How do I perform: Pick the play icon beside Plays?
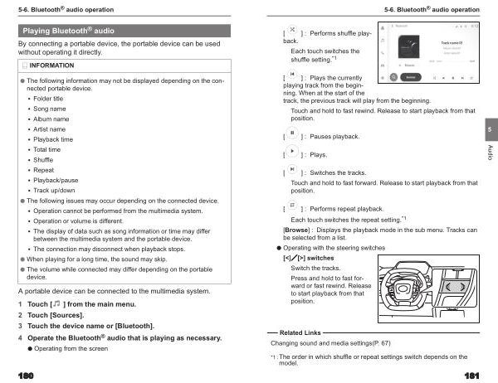(292, 153)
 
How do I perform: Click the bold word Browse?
(297, 230)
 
